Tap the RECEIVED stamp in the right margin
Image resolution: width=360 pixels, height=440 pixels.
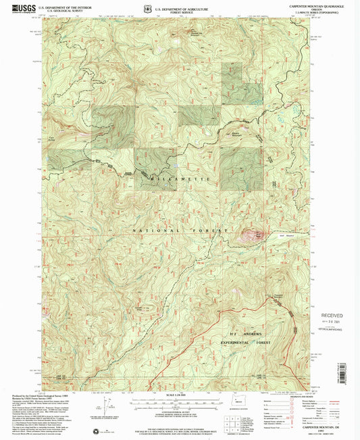point(331,316)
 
